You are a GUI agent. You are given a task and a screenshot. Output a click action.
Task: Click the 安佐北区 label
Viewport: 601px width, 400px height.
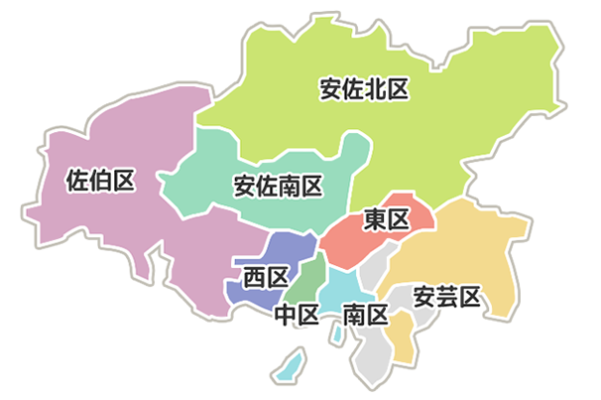(364, 89)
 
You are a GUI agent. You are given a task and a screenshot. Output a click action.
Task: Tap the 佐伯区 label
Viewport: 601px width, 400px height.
(99, 181)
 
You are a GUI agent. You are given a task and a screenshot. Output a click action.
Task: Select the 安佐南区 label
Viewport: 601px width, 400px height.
(278, 186)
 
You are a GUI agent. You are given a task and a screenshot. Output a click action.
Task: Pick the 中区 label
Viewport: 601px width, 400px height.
(297, 316)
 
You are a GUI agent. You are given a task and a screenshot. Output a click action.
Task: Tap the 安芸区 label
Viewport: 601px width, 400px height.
(447, 296)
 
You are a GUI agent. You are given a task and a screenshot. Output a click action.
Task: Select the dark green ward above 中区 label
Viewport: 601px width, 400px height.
(305, 280)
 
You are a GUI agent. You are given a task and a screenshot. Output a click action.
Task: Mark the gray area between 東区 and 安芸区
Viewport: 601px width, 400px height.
(376, 266)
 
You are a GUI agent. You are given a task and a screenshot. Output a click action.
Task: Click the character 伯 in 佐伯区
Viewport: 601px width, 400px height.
(99, 181)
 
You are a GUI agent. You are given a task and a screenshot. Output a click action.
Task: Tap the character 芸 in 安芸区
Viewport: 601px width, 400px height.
(447, 296)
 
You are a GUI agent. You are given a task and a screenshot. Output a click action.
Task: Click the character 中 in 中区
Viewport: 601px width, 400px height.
(286, 316)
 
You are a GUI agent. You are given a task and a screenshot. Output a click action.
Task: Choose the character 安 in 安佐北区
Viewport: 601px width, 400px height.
(330, 89)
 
